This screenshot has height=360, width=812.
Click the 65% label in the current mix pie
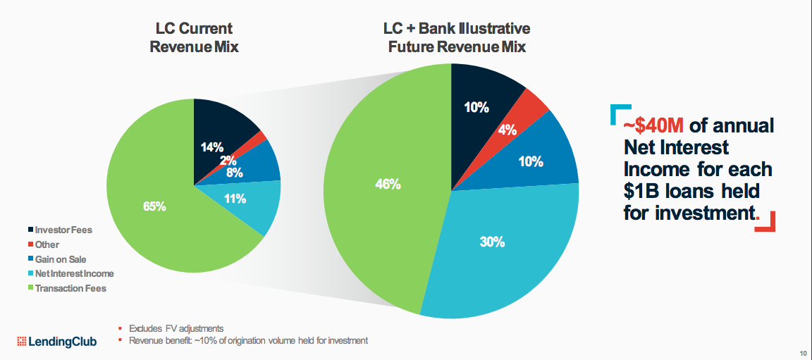(155, 207)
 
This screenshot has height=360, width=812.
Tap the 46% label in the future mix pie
(388, 185)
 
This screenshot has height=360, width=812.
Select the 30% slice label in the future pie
(492, 242)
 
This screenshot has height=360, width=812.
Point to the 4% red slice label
(508, 130)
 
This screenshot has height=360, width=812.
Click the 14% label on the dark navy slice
(211, 147)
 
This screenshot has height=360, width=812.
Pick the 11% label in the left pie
(234, 199)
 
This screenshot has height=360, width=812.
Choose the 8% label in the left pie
(235, 171)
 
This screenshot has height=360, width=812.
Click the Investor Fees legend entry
(63, 230)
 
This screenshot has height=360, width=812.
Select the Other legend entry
(47, 244)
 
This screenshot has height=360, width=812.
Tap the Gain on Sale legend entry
(60, 259)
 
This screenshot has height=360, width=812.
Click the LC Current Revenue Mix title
(194, 38)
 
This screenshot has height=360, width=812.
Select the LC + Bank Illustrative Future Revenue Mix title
(456, 38)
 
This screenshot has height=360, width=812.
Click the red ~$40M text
(653, 126)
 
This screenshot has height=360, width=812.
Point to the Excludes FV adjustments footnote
(176, 328)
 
